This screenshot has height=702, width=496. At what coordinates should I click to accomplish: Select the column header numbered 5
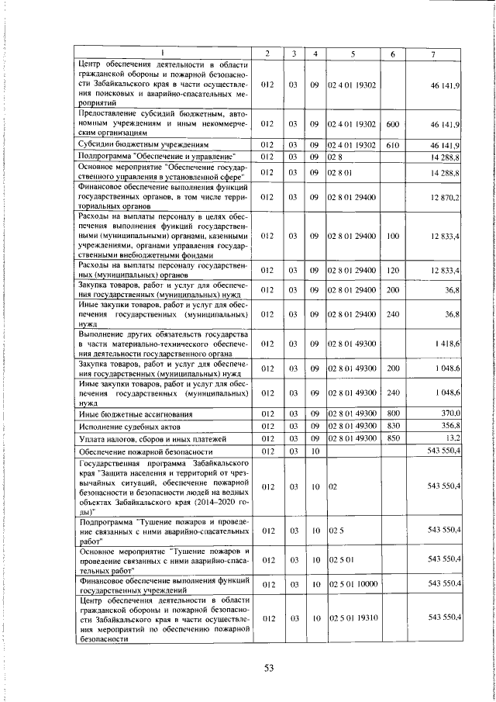coord(353,53)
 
